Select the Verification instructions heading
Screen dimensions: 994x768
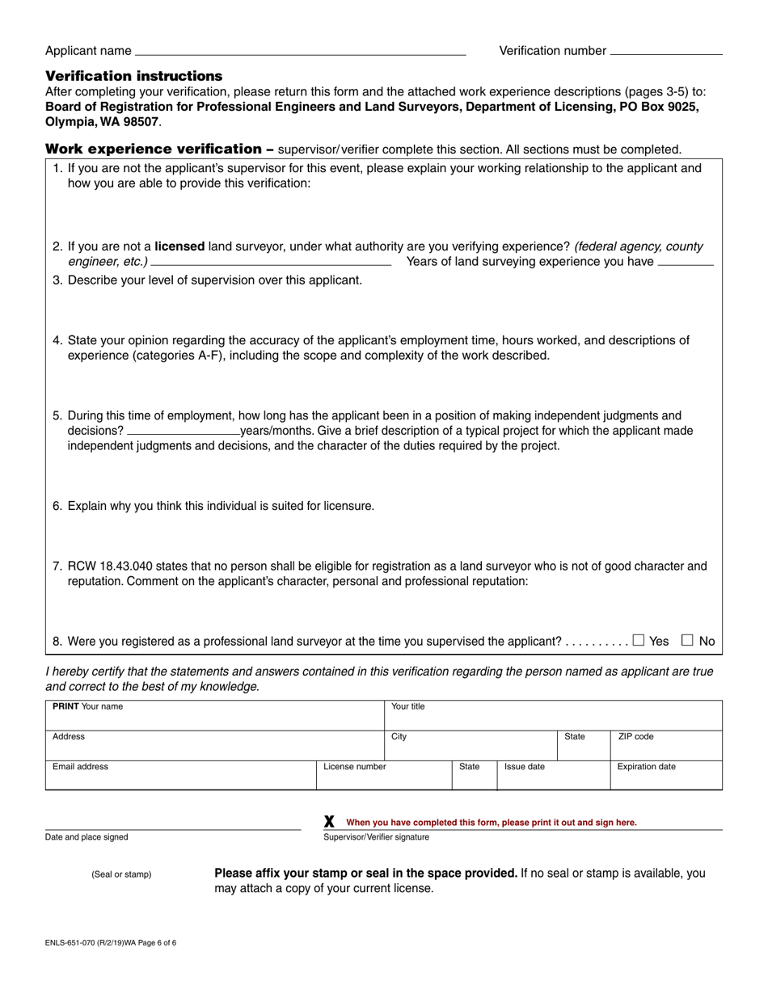[x=133, y=76]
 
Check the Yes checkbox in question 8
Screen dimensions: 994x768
[x=639, y=640]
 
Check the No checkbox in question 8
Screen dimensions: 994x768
[x=687, y=640]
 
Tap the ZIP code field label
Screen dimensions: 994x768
[x=635, y=737]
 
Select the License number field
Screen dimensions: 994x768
[x=382, y=775]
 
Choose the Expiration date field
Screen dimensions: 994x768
[x=665, y=775]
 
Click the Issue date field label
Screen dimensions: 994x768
[x=524, y=767]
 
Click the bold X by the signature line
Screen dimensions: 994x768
[x=329, y=822]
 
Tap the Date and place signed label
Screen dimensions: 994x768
[x=87, y=837]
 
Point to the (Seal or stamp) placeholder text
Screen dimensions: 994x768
[x=121, y=874]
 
